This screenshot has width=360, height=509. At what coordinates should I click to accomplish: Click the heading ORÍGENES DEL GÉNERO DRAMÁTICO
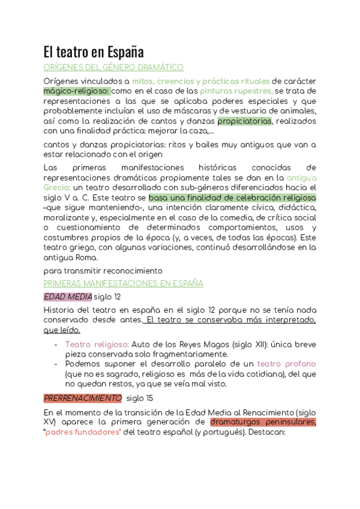[114, 67]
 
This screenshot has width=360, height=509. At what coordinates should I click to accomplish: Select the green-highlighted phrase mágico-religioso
[77, 91]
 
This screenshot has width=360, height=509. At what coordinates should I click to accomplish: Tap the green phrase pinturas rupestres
[236, 91]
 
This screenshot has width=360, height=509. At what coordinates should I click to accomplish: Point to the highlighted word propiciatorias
[244, 121]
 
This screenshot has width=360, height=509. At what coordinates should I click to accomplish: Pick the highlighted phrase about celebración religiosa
[232, 197]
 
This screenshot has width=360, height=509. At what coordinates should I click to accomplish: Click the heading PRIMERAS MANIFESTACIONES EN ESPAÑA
[124, 283]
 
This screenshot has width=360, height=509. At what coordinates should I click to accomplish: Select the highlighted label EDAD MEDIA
[68, 297]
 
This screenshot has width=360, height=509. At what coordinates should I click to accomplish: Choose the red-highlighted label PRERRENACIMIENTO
[83, 398]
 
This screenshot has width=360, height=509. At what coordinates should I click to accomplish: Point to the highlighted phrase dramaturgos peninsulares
[263, 422]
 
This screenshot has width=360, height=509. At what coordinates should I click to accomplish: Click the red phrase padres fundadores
[83, 432]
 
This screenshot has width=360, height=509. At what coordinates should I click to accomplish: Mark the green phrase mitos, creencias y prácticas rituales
[200, 81]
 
